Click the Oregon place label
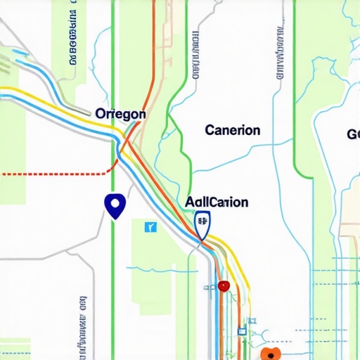[x=120, y=114]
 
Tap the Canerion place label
[x=232, y=130]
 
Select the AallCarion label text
[x=217, y=202]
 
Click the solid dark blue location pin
[x=114, y=205]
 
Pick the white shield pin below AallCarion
[x=202, y=226]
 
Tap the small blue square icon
[x=150, y=227]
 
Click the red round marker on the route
[x=224, y=285]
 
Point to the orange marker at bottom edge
[x=270, y=353]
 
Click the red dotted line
[x=56, y=172]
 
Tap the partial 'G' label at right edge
[x=352, y=134]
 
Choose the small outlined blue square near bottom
[x=241, y=331]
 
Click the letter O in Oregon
[x=100, y=114]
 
